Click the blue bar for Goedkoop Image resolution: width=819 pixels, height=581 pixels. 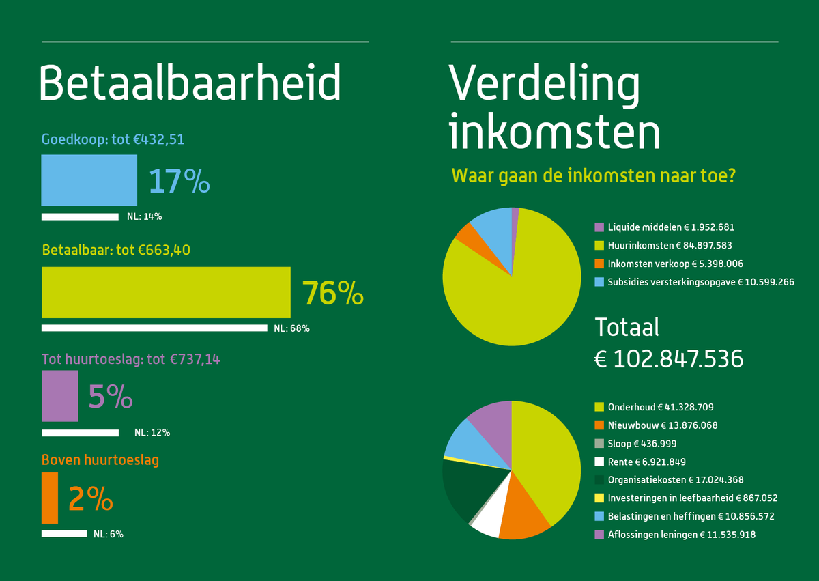click(89, 180)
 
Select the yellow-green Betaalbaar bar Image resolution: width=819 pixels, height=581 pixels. click(166, 292)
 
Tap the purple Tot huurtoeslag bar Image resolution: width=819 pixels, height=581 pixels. click(60, 396)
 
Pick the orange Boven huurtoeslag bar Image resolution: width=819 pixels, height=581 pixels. click(50, 498)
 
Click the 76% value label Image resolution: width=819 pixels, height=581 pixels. click(333, 293)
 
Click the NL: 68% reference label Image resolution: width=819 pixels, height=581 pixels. click(291, 328)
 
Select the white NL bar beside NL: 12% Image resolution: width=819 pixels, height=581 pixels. click(80, 433)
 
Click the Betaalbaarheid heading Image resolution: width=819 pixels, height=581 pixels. click(190, 84)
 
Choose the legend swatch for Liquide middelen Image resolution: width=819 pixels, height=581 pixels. click(599, 227)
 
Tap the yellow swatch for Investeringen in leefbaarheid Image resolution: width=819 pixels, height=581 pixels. click(599, 498)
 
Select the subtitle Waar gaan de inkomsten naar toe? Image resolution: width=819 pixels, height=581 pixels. click(593, 176)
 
